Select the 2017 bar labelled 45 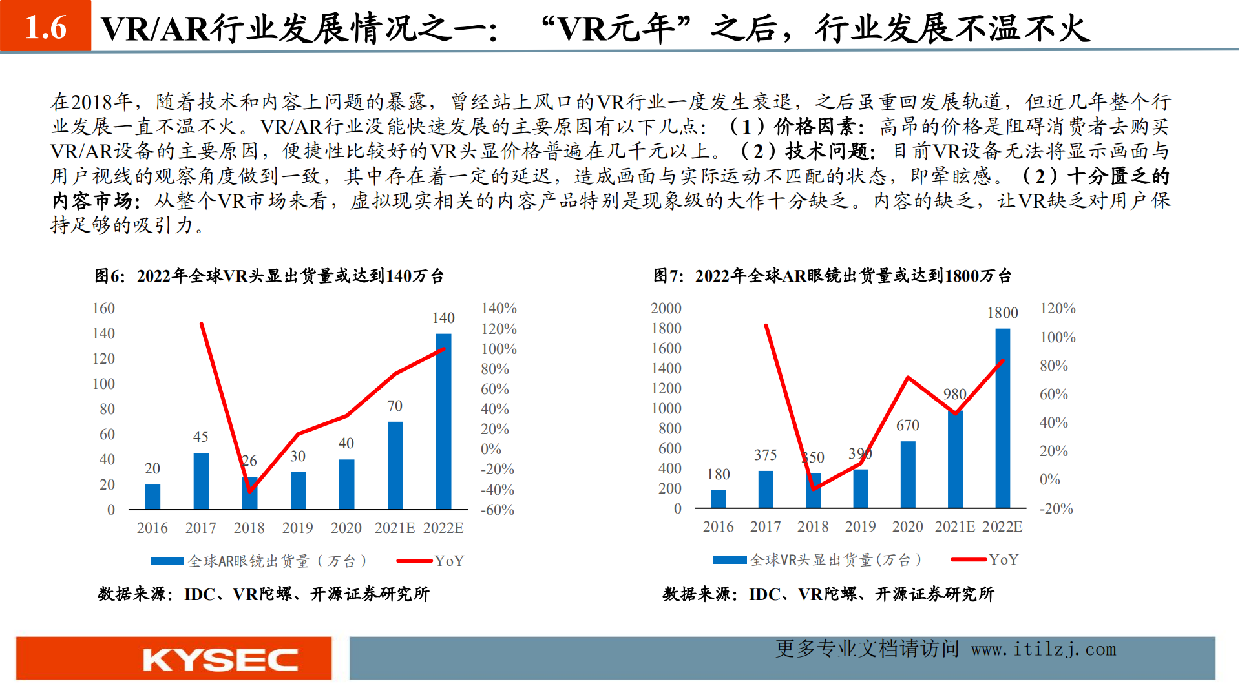(x=201, y=481)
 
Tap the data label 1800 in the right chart (x=1002, y=313)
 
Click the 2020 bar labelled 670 (x=908, y=475)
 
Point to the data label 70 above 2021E (x=395, y=406)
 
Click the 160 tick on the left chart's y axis (x=103, y=309)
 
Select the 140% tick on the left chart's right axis (x=499, y=309)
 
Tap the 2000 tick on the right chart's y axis (x=666, y=309)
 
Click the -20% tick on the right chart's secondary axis (x=1056, y=509)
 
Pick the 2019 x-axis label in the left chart (x=298, y=528)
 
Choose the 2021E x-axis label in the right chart (x=955, y=527)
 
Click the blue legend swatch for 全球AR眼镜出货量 (x=167, y=561)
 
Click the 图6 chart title (x=269, y=276)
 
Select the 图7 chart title (x=832, y=276)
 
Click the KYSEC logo (x=220, y=660)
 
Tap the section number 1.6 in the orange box (x=45, y=27)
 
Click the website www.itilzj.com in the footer (x=1044, y=649)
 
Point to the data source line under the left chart (x=264, y=594)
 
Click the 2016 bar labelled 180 (x=719, y=499)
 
